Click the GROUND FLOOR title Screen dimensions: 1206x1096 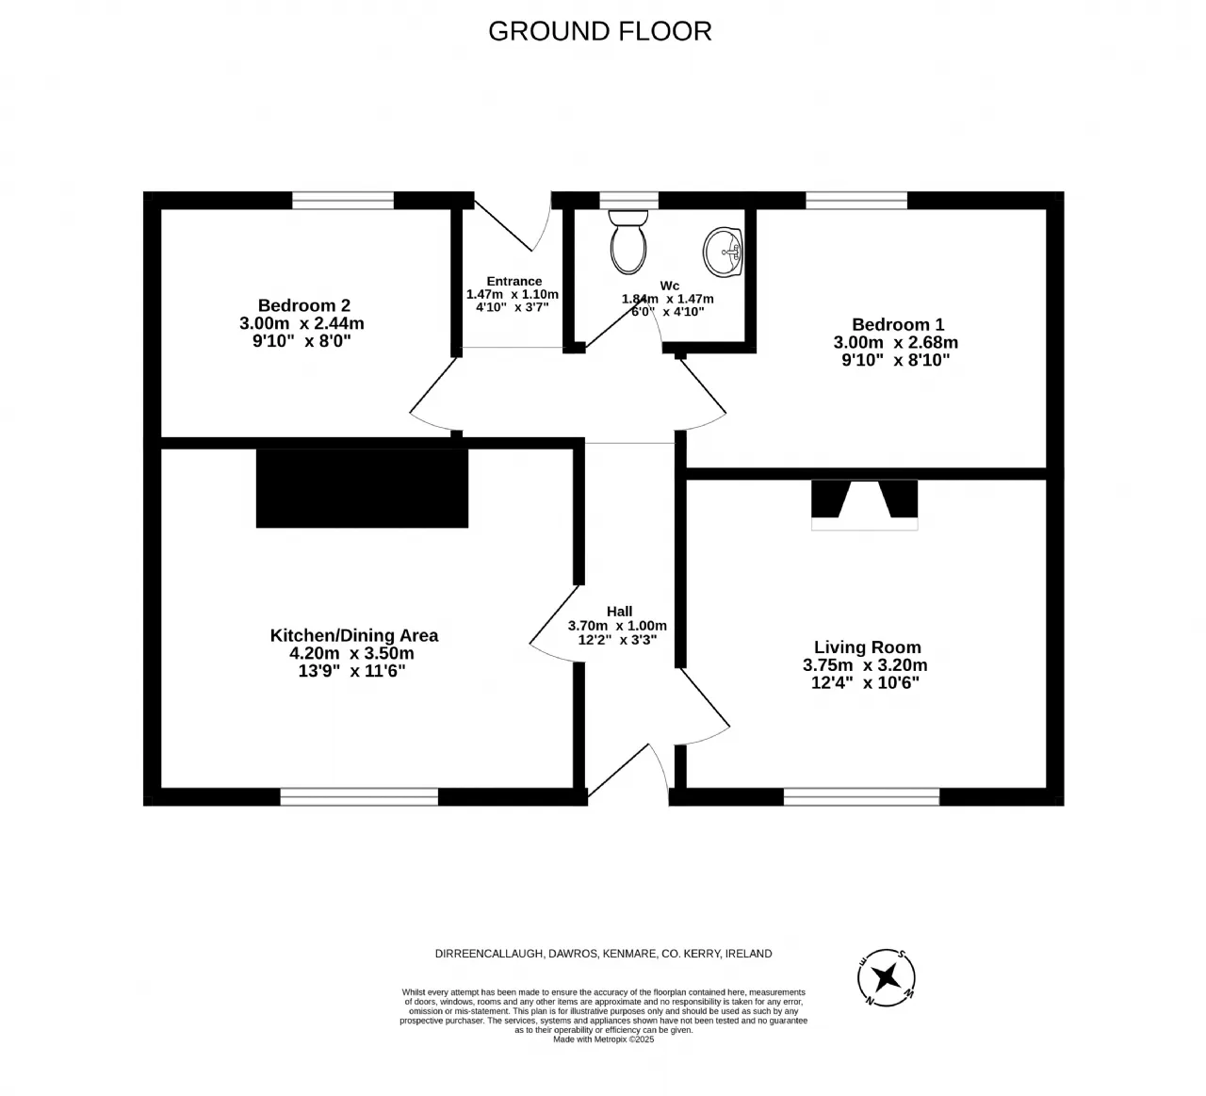pyautogui.click(x=599, y=31)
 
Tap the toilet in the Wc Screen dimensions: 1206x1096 pyautogui.click(x=628, y=242)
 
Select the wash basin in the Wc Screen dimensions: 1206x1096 pyautogui.click(x=723, y=252)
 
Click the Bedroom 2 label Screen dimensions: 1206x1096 pyautogui.click(x=304, y=305)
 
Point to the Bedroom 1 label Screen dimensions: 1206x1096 pyautogui.click(x=898, y=324)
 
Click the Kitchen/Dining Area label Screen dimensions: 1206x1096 pyautogui.click(x=354, y=635)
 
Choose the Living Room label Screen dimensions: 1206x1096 pyautogui.click(x=868, y=647)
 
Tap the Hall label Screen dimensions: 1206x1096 pyautogui.click(x=619, y=612)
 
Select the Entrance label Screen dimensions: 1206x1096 pyautogui.click(x=514, y=281)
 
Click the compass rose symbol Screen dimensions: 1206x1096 pyautogui.click(x=887, y=977)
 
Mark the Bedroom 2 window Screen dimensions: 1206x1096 pyautogui.click(x=343, y=201)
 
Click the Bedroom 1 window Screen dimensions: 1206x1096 pyautogui.click(x=856, y=201)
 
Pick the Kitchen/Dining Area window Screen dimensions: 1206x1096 pyautogui.click(x=359, y=796)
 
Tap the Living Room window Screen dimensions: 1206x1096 pyautogui.click(x=861, y=796)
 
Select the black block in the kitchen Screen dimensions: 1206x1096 pyautogui.click(x=362, y=488)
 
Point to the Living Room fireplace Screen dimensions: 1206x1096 pyautogui.click(x=865, y=505)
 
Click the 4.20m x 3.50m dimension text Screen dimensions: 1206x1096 pyautogui.click(x=351, y=653)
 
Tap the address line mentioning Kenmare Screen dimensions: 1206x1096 pyautogui.click(x=604, y=954)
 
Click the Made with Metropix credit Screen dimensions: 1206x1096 pyautogui.click(x=604, y=1039)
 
